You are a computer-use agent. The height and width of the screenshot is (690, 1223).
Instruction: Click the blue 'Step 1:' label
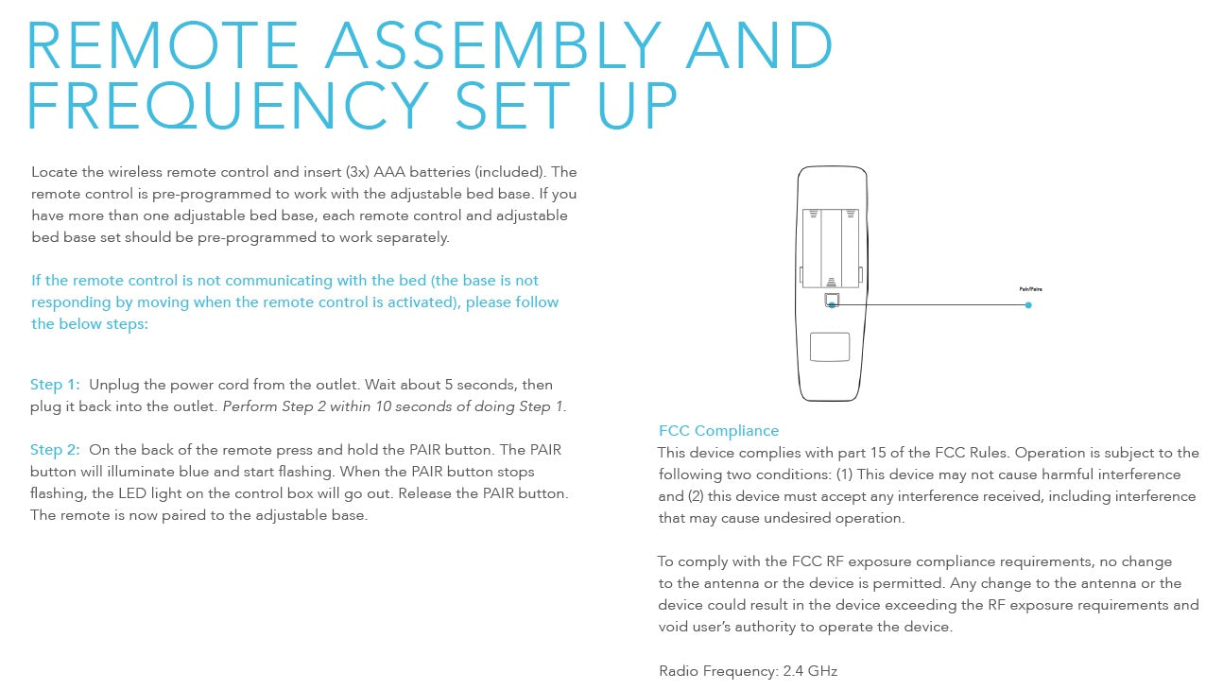click(x=55, y=385)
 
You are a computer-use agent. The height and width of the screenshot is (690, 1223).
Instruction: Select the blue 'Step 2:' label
click(x=55, y=450)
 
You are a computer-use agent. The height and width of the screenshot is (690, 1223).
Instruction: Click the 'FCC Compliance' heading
click(x=718, y=431)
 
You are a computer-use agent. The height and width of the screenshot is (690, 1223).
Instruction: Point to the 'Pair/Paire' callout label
click(x=1029, y=289)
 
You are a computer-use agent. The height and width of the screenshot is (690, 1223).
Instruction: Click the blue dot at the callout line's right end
click(x=1028, y=304)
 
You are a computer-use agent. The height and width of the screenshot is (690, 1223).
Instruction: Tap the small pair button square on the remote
click(x=831, y=301)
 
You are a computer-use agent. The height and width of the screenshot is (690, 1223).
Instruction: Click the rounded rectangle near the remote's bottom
click(x=830, y=346)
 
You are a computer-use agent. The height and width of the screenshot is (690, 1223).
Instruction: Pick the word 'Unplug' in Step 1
click(x=112, y=385)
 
